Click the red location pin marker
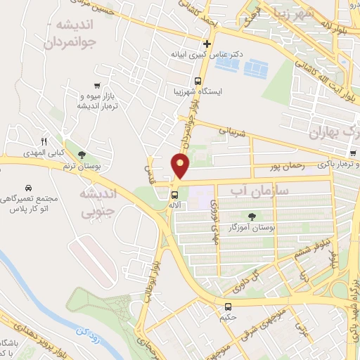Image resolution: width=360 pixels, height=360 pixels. (181, 166)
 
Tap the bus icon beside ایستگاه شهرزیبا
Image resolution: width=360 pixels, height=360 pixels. (198, 81)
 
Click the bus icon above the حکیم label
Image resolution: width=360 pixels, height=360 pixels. (229, 307)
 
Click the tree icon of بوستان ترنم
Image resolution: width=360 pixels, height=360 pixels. (82, 155)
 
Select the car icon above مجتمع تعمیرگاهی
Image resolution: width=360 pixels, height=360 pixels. (27, 188)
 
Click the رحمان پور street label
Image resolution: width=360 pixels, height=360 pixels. (285, 167)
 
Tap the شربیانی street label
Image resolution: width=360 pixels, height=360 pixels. (231, 131)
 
